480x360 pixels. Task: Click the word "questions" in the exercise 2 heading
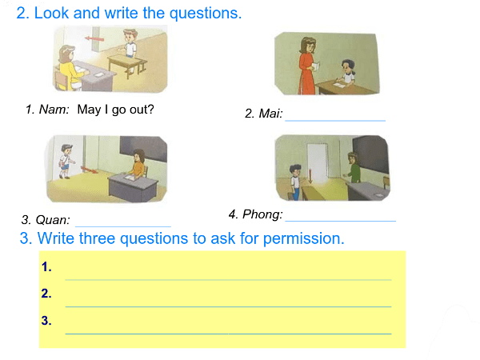coord(206,14)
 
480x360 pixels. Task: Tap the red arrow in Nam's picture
coord(94,39)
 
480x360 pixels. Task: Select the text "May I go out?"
coord(115,110)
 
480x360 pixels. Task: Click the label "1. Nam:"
coord(47,110)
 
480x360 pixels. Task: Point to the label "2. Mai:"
coord(263,114)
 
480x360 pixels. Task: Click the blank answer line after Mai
coord(335,121)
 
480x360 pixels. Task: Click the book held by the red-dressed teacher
coord(315,66)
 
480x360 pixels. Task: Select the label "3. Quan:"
coord(46,220)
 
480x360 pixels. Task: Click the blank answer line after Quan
coord(123,226)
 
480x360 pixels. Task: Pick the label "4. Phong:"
coord(256,214)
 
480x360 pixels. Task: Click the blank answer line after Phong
coord(341,221)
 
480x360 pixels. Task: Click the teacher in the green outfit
coord(354,168)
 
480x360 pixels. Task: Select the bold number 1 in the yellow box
coord(46,267)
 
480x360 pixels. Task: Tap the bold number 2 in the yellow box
coord(46,294)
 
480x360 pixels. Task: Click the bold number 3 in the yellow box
coord(46,321)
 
